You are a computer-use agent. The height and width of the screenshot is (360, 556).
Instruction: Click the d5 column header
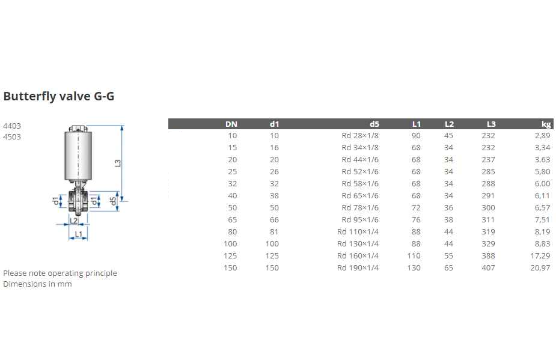(374, 124)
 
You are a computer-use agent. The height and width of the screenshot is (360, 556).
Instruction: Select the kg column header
(546, 124)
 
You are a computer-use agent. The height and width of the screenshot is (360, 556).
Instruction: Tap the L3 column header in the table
(491, 124)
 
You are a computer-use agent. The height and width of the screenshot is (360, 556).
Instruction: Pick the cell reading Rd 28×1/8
(360, 135)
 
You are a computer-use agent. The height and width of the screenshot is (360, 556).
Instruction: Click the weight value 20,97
(540, 268)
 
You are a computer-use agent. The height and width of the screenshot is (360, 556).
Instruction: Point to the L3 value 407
(488, 268)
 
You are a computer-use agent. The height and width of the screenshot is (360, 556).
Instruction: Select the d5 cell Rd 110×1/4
(358, 231)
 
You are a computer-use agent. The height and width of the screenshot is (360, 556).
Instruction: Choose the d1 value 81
(274, 231)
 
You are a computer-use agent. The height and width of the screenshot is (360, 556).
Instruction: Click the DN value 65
(232, 219)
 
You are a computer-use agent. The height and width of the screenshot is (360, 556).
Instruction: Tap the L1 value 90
(416, 135)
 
